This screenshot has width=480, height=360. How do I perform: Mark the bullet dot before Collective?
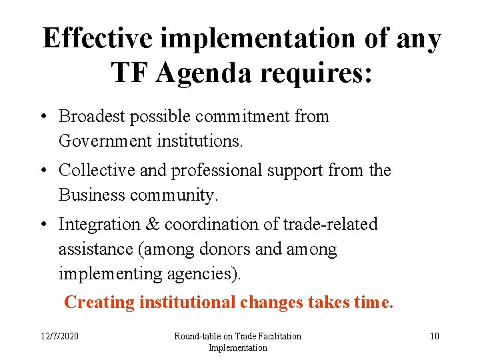coord(43,171)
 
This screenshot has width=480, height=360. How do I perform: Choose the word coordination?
coord(214,225)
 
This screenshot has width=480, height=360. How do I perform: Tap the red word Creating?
coord(99,303)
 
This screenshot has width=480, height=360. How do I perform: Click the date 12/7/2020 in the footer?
coord(59,336)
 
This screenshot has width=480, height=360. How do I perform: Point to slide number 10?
coord(434,336)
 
